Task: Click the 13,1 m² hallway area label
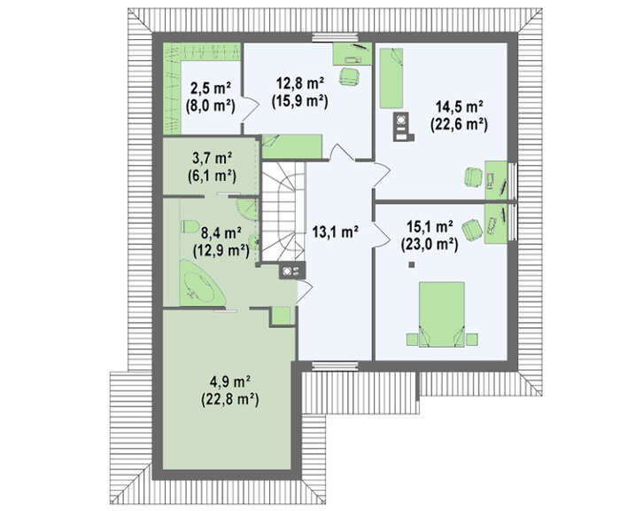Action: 336,232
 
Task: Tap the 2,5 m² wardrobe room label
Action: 211,88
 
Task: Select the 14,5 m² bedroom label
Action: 459,107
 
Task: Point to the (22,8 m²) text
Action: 230,399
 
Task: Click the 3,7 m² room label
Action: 212,159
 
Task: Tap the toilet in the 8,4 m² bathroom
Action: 190,226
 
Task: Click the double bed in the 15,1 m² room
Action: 441,314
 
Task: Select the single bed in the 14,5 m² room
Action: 391,78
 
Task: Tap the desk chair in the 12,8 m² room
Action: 350,76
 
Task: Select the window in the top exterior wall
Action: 335,37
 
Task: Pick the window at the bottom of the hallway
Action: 335,366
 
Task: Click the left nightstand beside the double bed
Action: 412,340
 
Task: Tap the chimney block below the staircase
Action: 292,271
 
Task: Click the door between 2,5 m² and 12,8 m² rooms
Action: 249,106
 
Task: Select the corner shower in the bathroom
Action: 246,208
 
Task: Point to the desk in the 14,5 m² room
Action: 496,180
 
